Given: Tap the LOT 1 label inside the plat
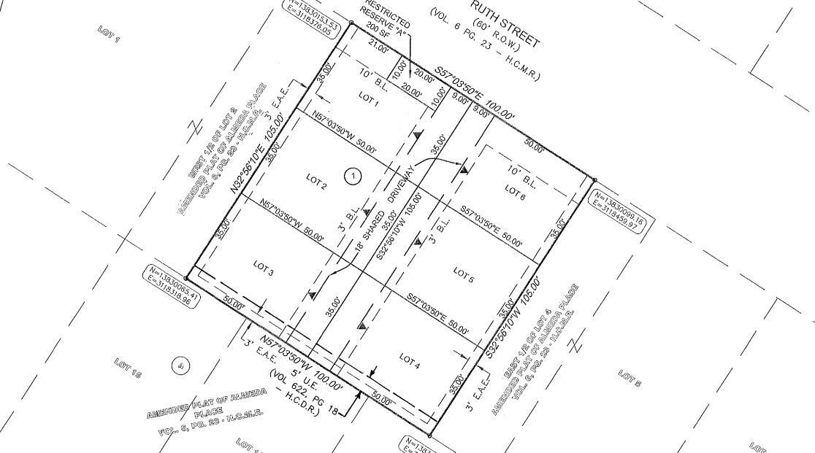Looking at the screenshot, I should [x=369, y=100].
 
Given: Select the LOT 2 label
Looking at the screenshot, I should [x=316, y=182].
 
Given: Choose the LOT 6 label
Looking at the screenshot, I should [x=515, y=192].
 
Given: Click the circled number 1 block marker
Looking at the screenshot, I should [x=353, y=175].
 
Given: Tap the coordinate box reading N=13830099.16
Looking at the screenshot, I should [x=619, y=209].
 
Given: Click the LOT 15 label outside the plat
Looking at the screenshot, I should [x=127, y=369].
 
